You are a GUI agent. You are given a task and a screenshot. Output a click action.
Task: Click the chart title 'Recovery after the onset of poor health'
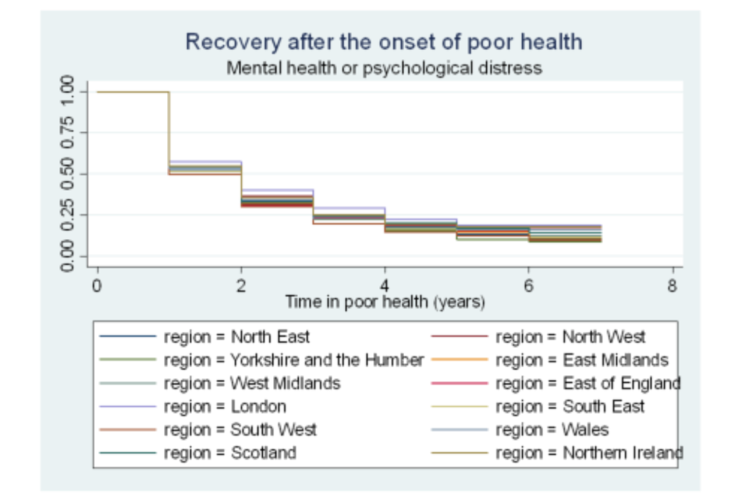coord(383,41)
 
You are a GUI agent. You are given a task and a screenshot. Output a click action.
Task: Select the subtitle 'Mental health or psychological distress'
coord(383,68)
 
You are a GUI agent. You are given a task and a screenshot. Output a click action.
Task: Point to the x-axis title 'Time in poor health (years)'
coord(385,302)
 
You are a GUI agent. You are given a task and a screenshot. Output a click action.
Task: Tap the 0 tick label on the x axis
coord(97,286)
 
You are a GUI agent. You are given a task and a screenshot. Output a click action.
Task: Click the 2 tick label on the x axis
coord(241,286)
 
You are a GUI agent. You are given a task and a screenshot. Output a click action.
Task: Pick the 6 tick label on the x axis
coord(529,286)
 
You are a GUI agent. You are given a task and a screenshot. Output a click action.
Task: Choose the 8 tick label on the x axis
coord(673,286)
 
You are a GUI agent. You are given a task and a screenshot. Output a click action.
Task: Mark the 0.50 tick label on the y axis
coord(68,173)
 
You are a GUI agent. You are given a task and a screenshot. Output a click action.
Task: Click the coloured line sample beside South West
coord(129,430)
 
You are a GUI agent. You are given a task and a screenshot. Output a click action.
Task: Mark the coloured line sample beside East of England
coord(460,384)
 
